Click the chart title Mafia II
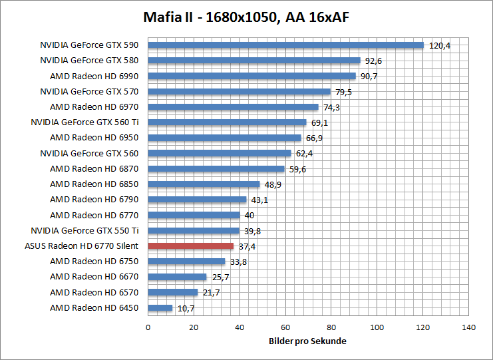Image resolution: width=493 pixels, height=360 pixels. [246, 16]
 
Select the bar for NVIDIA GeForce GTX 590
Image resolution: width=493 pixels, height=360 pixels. [285, 45]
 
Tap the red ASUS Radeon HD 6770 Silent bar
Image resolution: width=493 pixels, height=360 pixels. [190, 246]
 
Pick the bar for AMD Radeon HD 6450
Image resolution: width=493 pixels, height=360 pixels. [160, 308]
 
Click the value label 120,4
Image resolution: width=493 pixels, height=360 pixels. [440, 46]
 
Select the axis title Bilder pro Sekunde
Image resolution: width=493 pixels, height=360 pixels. [307, 341]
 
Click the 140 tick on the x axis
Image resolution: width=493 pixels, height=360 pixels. [469, 327]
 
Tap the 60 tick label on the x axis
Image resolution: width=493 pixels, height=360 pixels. [285, 327]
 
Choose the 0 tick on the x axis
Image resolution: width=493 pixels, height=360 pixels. [148, 327]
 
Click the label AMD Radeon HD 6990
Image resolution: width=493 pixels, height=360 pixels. [94, 76]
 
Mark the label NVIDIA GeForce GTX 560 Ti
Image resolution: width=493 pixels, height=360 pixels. [84, 122]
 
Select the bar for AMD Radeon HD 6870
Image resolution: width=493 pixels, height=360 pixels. [216, 169]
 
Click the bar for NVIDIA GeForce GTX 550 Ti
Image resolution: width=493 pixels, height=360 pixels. [193, 231]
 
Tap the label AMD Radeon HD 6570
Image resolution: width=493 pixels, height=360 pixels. [94, 293]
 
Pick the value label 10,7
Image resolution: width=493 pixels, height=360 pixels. [186, 308]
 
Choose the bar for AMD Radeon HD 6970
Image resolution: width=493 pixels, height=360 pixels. [233, 107]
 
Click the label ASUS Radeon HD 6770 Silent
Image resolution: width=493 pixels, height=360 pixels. [81, 246]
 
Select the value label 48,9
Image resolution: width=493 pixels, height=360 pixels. [273, 184]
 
